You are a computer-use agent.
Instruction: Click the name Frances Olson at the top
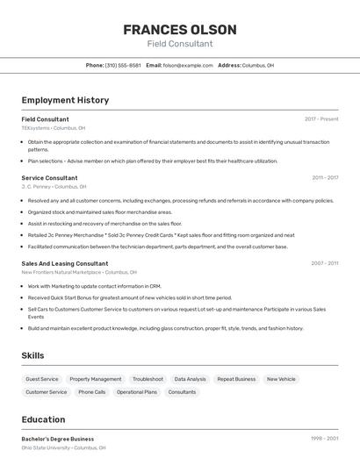tap(179, 29)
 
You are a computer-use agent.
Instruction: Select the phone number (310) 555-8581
tap(123, 65)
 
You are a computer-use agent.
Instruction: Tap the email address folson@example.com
tap(188, 65)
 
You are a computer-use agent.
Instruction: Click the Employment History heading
tap(65, 100)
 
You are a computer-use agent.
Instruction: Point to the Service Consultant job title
tap(49, 178)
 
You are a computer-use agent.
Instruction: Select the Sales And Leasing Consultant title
tap(65, 263)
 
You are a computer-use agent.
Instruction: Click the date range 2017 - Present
tap(321, 119)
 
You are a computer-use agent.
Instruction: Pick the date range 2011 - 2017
tap(325, 178)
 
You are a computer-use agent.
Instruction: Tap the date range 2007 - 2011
tap(325, 263)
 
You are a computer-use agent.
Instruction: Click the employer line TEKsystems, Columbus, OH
tap(54, 128)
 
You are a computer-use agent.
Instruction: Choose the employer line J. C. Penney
tap(54, 187)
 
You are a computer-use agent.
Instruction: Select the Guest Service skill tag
tap(42, 379)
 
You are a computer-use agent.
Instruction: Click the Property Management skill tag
tap(96, 379)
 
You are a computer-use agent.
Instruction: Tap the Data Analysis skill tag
tap(190, 379)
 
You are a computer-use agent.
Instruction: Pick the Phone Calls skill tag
tap(92, 392)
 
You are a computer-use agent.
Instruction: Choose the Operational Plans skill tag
tap(137, 392)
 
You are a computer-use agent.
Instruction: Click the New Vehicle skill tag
tap(281, 379)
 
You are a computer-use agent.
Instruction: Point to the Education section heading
tap(43, 419)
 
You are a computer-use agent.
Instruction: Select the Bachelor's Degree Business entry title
tap(58, 439)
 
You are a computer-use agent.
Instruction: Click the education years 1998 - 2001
tap(324, 439)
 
